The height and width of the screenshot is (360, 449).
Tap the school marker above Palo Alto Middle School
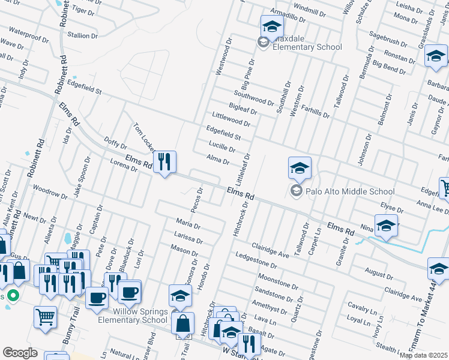[300, 169]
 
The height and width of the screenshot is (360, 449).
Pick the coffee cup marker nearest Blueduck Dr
[129, 292]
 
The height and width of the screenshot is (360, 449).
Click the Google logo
[20, 353]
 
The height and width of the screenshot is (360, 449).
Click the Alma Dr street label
[218, 160]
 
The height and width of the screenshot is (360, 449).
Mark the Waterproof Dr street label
[28, 31]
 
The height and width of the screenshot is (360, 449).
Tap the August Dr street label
[378, 274]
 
